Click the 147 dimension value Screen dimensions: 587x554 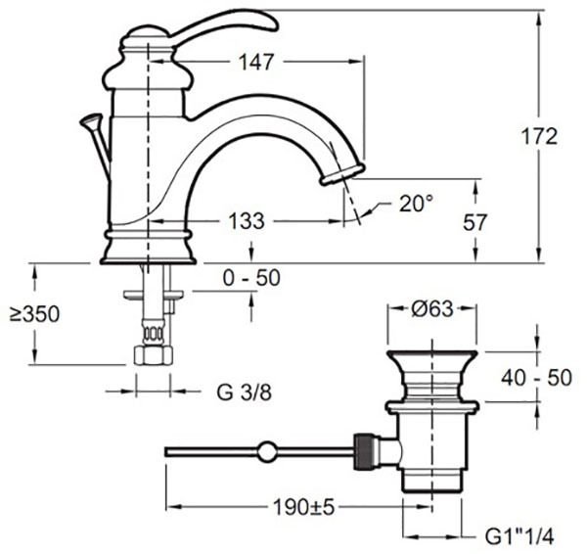[x=256, y=62]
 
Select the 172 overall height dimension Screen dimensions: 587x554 [x=539, y=136]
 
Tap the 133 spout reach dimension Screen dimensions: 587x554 [x=247, y=221]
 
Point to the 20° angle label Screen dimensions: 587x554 [x=416, y=204]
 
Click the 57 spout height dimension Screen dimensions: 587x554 [x=475, y=222]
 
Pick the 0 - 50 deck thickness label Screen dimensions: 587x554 [x=251, y=278]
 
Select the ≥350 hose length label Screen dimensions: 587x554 [x=34, y=314]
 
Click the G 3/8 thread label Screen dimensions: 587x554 [x=244, y=392]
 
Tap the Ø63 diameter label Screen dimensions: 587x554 [x=432, y=309]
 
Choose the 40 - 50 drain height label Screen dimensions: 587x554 [x=536, y=378]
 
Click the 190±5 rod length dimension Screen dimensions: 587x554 [x=303, y=508]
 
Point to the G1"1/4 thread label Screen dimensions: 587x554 [x=519, y=537]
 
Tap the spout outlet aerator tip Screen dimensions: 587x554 [x=342, y=175]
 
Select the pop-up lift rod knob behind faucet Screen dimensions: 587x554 [x=91, y=120]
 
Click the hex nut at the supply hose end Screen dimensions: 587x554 [x=154, y=355]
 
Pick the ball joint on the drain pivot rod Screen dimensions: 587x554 [x=267, y=451]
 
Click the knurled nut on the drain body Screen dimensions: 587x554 [x=364, y=451]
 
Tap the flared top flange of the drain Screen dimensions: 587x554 [x=432, y=358]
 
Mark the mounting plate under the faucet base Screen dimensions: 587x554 [x=154, y=295]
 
